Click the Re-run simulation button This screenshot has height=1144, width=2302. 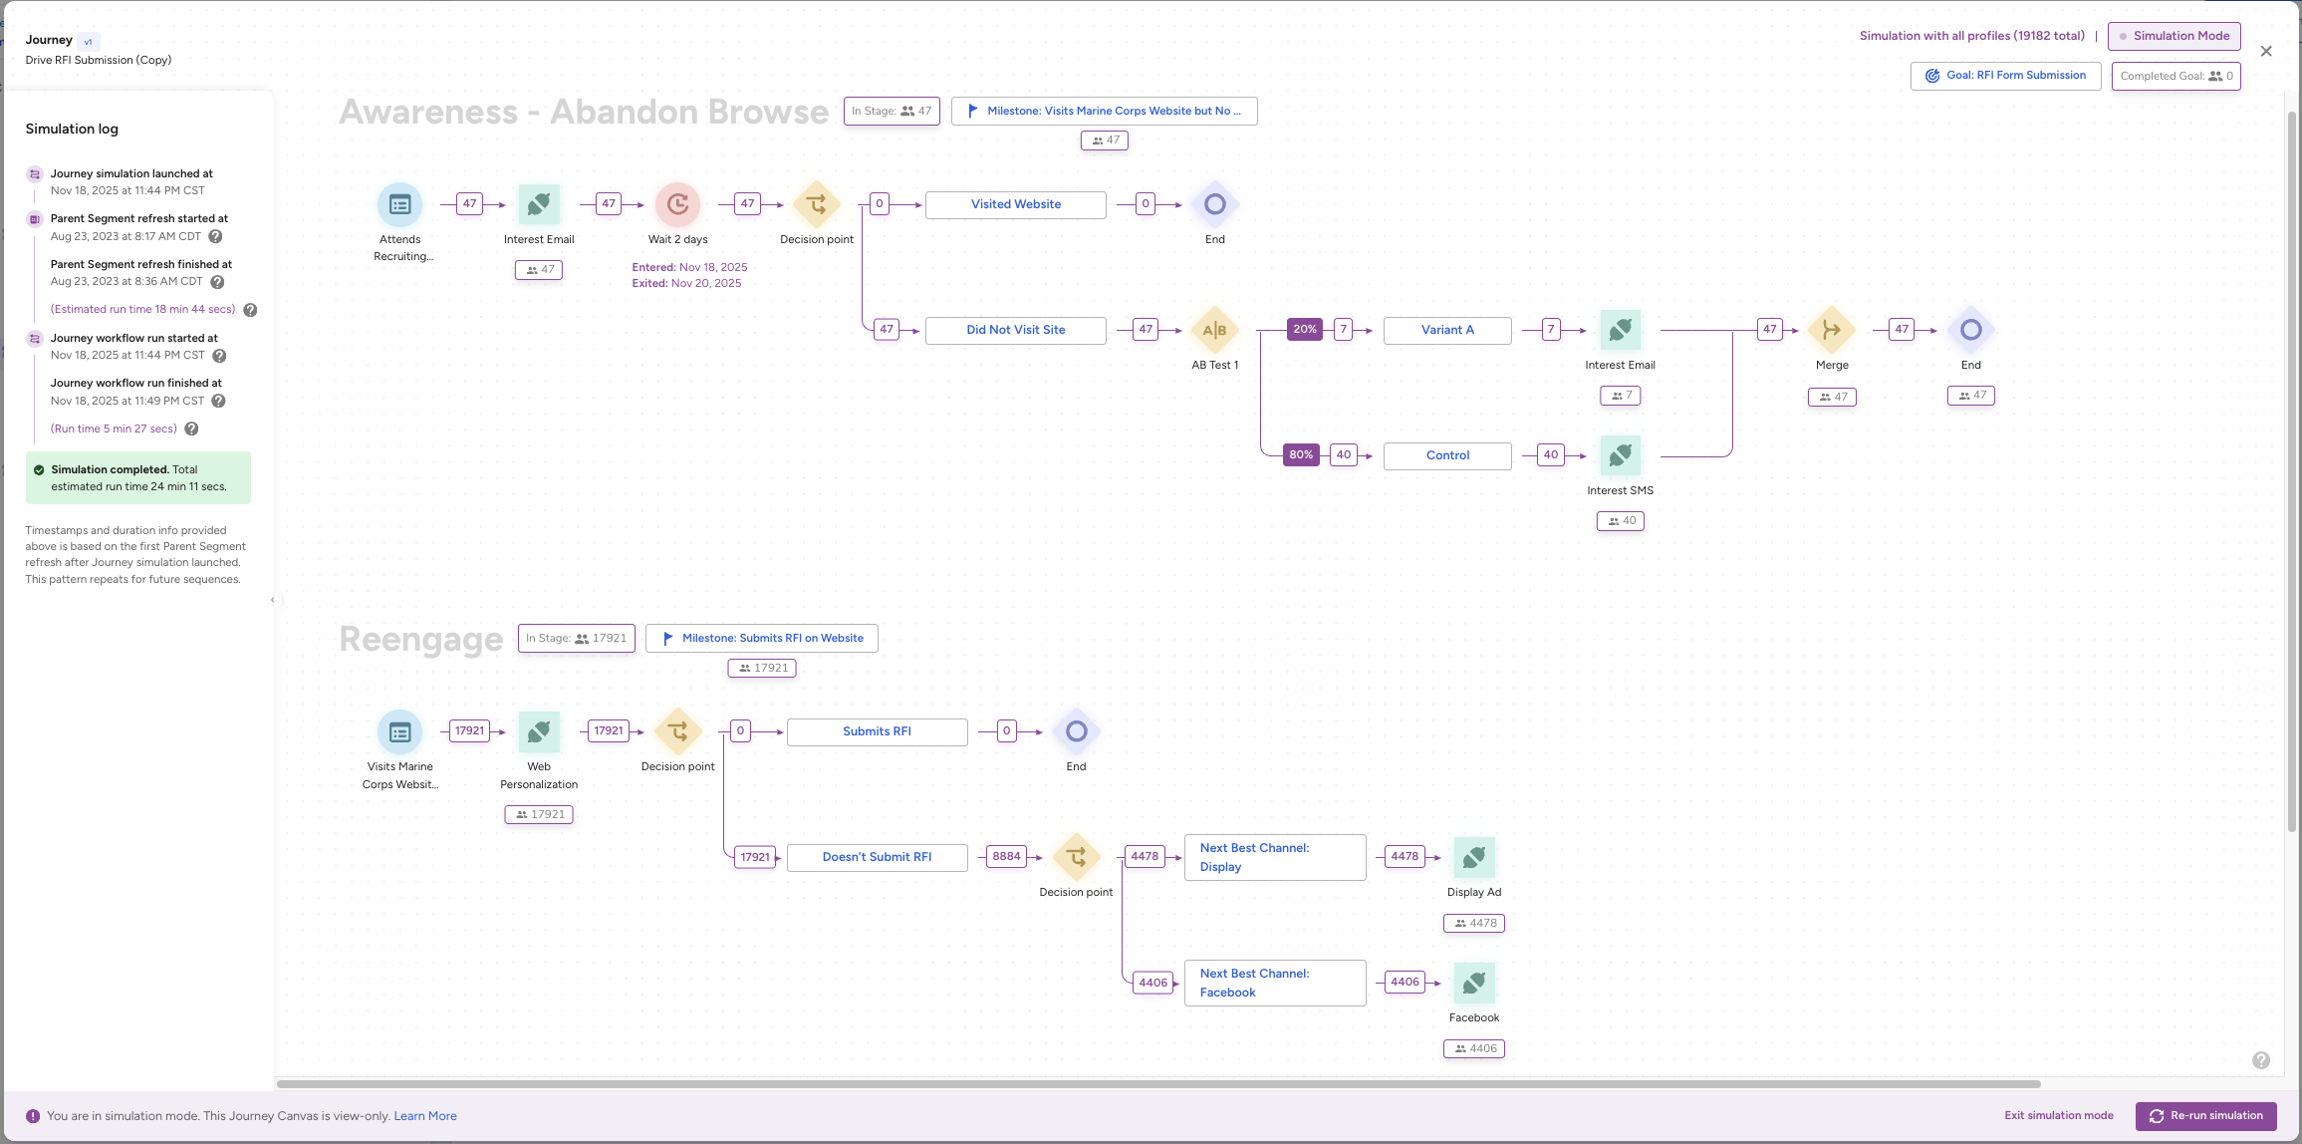2205,1115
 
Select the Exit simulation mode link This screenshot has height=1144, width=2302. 2058,1115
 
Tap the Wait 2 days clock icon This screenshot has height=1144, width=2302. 677,204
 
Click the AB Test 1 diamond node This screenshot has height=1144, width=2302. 1214,330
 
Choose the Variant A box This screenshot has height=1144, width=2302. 1446,330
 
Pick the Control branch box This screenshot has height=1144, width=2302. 1446,455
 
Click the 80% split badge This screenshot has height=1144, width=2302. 1301,454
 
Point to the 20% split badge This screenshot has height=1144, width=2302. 1304,329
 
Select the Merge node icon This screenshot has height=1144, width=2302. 1831,330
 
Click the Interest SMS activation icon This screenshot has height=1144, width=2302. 1620,455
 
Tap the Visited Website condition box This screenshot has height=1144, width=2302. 1015,204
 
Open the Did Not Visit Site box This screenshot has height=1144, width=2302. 1015,330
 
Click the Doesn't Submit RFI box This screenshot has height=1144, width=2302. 877,857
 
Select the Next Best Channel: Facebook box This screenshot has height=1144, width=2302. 1274,983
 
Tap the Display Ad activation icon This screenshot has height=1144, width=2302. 1473,857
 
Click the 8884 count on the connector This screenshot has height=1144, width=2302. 1006,856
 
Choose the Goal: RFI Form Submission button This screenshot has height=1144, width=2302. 2005,76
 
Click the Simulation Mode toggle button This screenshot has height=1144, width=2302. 2174,36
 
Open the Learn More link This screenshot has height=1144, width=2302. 425,1116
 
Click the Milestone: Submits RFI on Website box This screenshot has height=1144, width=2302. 762,638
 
